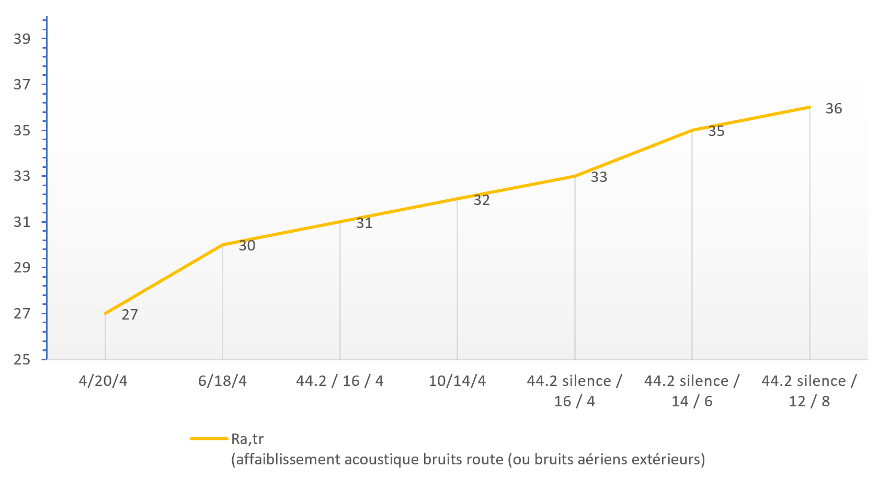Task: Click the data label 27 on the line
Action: pyautogui.click(x=130, y=314)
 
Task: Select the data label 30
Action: pyautogui.click(x=247, y=246)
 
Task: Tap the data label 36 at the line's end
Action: pyautogui.click(x=834, y=108)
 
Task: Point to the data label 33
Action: pyautogui.click(x=599, y=177)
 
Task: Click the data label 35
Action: pyautogui.click(x=716, y=131)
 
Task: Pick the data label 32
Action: pyautogui.click(x=482, y=200)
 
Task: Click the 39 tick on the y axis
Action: pyautogui.click(x=22, y=39)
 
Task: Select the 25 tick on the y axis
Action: pyautogui.click(x=22, y=360)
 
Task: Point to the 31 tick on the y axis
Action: pyautogui.click(x=22, y=222)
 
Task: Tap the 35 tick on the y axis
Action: pyautogui.click(x=22, y=130)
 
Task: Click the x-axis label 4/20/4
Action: pyautogui.click(x=103, y=381)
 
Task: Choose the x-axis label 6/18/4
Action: pyautogui.click(x=222, y=381)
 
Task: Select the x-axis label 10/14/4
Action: pyautogui.click(x=457, y=381)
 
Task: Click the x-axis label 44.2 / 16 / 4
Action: pyautogui.click(x=340, y=381)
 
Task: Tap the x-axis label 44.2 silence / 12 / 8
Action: pyautogui.click(x=809, y=391)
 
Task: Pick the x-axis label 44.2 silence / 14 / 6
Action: pyautogui.click(x=692, y=391)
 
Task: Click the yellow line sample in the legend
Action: pyautogui.click(x=209, y=439)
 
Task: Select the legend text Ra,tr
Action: pyautogui.click(x=247, y=439)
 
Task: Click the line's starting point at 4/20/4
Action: pyautogui.click(x=106, y=313)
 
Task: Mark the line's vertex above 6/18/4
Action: pyautogui.click(x=223, y=245)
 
